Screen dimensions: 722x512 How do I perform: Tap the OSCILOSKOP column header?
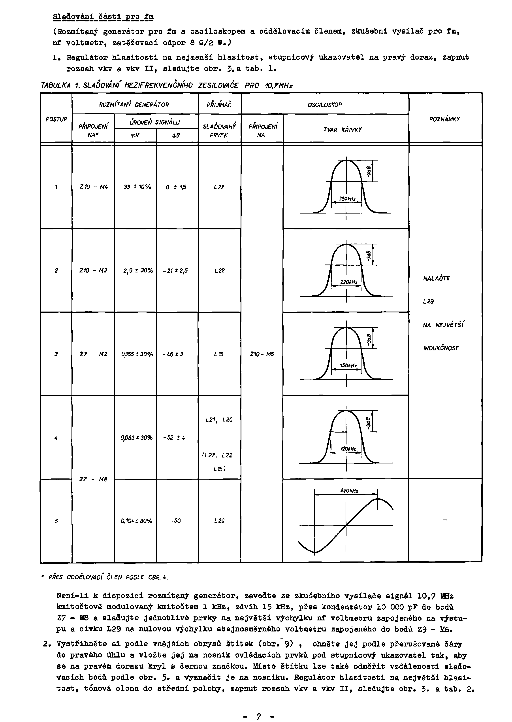324,104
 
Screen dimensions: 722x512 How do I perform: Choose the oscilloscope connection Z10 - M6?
262,354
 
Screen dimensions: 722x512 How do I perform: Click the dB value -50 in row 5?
176,521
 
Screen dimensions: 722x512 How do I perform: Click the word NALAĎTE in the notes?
436,278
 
